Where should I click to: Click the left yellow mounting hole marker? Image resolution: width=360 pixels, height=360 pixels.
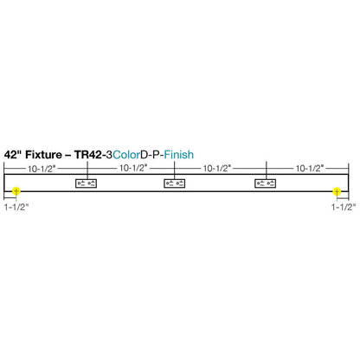(x=16, y=191)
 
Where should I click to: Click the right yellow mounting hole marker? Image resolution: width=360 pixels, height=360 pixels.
(x=337, y=191)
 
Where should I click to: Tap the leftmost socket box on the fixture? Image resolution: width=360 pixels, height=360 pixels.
(x=86, y=183)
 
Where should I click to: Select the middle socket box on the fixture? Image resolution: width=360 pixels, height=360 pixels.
(x=175, y=183)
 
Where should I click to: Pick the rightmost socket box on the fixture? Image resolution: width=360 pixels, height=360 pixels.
(x=266, y=183)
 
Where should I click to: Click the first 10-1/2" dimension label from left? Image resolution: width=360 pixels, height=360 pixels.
(x=42, y=169)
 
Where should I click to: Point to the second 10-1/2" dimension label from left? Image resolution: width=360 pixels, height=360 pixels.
(x=133, y=168)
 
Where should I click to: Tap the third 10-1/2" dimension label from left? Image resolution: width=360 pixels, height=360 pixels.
(x=217, y=168)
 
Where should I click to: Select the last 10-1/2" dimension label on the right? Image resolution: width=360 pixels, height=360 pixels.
(x=310, y=168)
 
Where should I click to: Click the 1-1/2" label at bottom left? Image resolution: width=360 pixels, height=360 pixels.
(x=16, y=207)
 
